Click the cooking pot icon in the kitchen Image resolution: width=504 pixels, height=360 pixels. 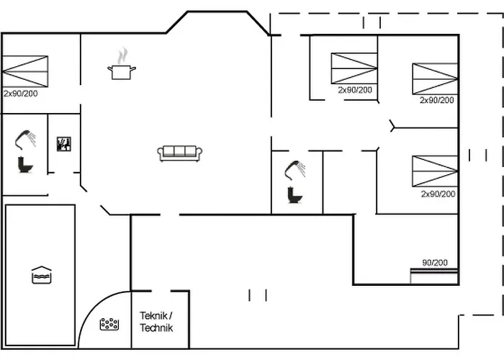[x=122, y=71]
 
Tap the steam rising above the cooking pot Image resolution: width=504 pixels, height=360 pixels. [x=124, y=55]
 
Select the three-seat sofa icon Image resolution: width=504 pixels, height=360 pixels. [x=180, y=153]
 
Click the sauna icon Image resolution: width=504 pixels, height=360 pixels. [x=63, y=143]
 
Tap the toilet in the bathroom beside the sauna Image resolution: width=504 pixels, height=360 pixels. [x=25, y=164]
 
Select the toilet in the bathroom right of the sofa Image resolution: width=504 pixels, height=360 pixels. [x=294, y=194]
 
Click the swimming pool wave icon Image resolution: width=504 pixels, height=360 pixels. [x=41, y=275]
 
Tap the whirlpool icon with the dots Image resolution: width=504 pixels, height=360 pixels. [x=109, y=325]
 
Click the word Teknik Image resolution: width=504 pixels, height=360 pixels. [x=153, y=315]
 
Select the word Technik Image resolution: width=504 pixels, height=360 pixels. [x=156, y=328]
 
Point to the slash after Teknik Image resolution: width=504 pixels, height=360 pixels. [x=171, y=315]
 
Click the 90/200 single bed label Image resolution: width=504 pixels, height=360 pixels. [x=435, y=263]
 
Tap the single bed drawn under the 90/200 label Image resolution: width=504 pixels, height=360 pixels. [x=433, y=274]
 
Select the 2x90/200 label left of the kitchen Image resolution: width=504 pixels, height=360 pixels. [x=20, y=94]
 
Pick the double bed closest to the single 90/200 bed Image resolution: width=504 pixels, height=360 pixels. [x=435, y=171]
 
